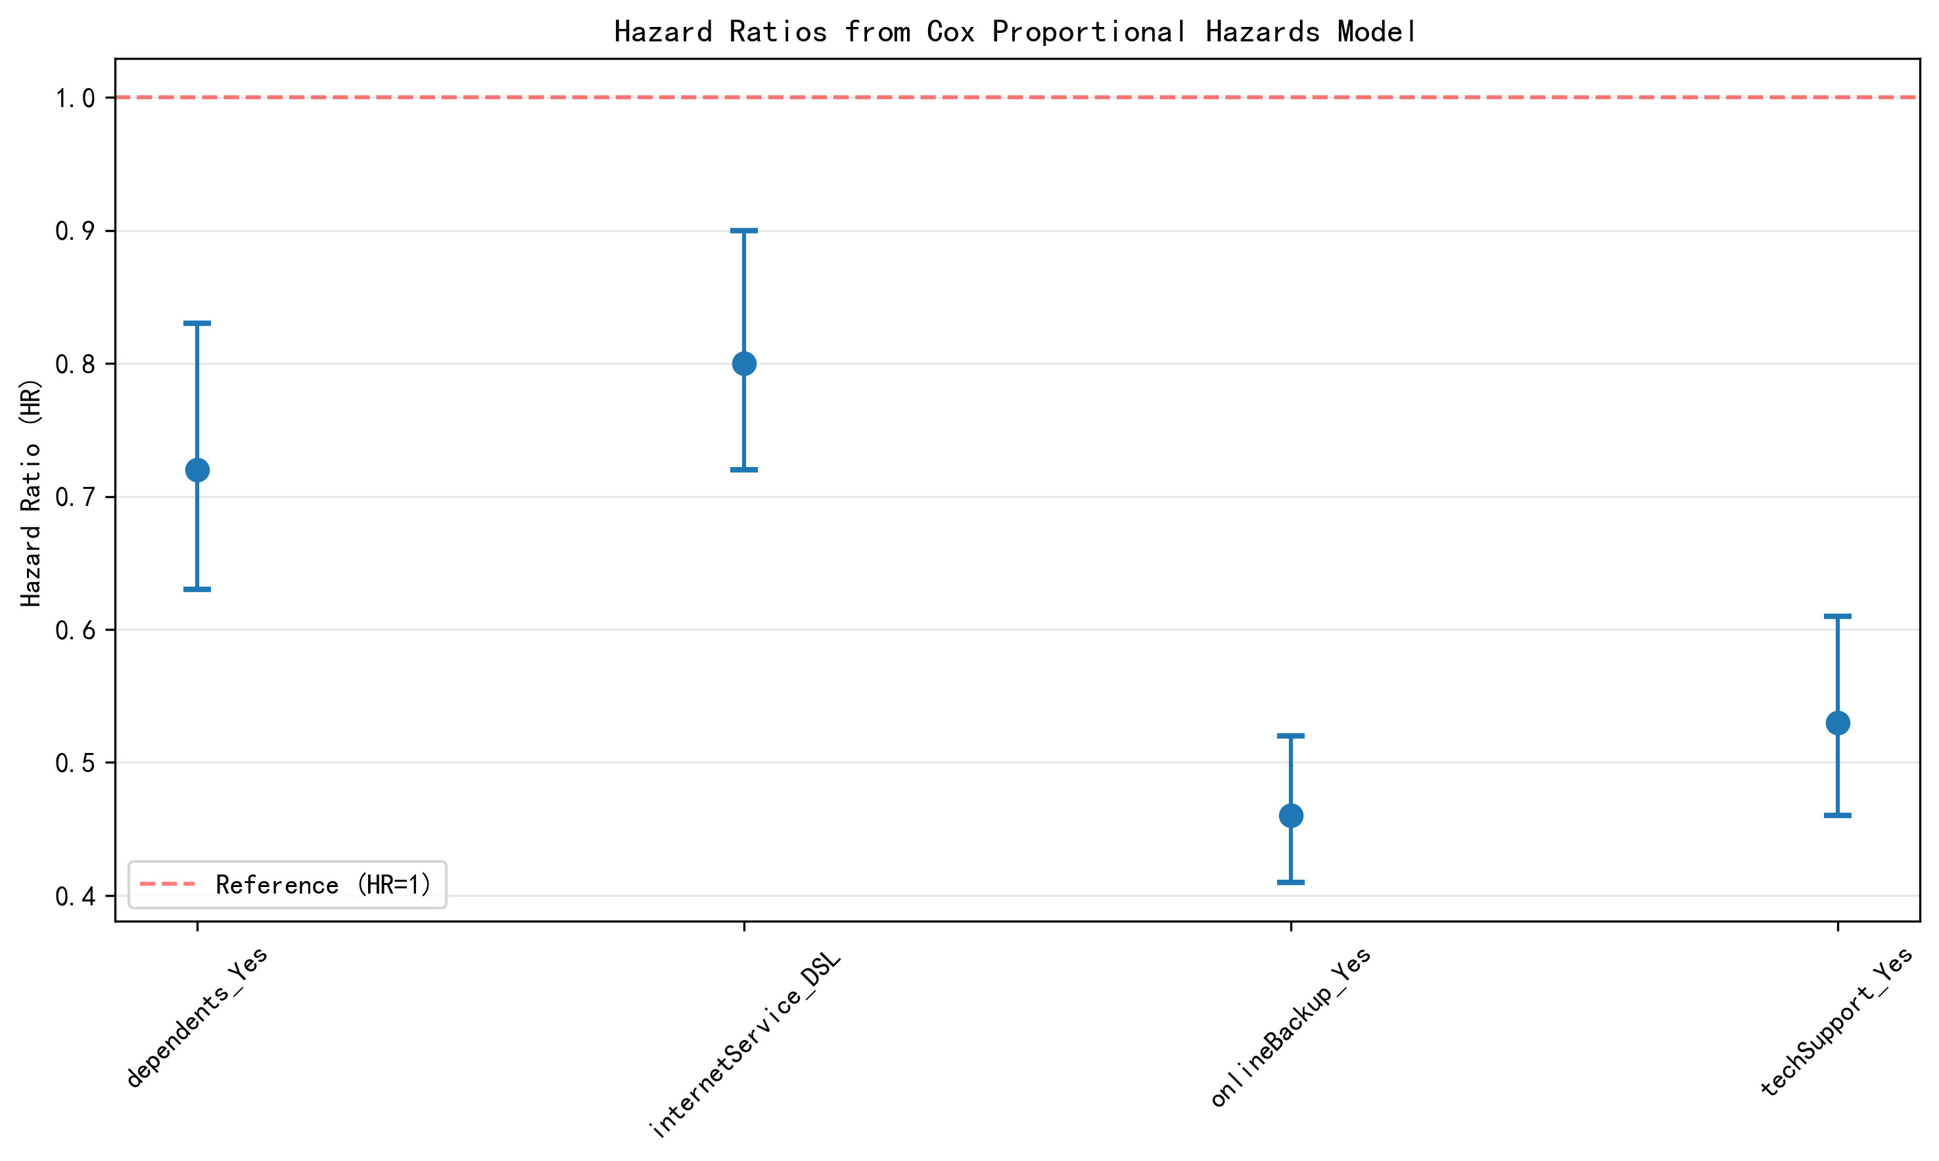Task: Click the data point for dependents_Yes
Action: (x=197, y=470)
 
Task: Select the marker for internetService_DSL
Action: (x=743, y=364)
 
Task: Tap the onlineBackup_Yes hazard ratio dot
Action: (x=1290, y=816)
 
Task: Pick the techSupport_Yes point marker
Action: (x=1837, y=723)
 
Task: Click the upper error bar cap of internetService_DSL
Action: (x=743, y=231)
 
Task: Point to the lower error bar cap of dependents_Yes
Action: (x=197, y=589)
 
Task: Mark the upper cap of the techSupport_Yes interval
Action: (x=1837, y=616)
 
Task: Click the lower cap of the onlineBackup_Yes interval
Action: (x=1290, y=882)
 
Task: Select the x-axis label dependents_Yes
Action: (x=197, y=1017)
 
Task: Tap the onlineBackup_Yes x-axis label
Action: (x=1290, y=1026)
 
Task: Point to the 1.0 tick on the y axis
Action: (x=75, y=99)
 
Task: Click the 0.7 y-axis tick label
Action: (x=75, y=497)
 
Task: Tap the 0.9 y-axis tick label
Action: (x=75, y=231)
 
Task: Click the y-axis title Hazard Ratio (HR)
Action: (x=32, y=493)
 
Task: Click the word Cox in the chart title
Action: (x=950, y=32)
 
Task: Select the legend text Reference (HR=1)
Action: (x=323, y=885)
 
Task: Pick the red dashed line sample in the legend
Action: (x=168, y=885)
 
